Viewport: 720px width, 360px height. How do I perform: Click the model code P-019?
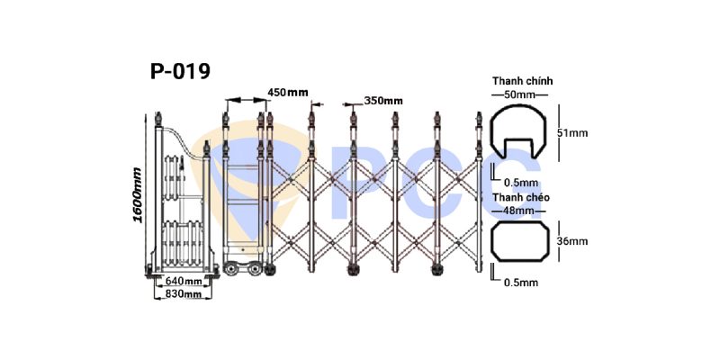(x=180, y=72)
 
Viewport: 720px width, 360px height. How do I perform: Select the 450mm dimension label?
(x=288, y=93)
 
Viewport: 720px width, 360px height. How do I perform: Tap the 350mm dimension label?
(x=383, y=101)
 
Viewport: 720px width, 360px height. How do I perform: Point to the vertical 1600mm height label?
(x=138, y=194)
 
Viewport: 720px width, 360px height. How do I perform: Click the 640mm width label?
(x=184, y=280)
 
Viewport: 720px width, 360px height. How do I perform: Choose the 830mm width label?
(x=184, y=294)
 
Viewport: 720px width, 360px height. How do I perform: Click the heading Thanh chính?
(x=523, y=81)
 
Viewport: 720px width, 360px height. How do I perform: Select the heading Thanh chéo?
(x=521, y=197)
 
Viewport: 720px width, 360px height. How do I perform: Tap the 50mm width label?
(x=520, y=95)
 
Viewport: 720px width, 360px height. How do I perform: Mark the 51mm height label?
(x=572, y=133)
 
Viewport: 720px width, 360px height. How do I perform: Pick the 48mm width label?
(x=519, y=211)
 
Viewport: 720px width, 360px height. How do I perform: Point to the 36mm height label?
(x=572, y=241)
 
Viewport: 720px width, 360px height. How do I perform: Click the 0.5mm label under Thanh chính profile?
(x=521, y=183)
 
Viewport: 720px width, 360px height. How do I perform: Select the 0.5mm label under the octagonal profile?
(x=521, y=283)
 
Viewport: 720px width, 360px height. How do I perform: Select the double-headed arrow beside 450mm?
(x=246, y=99)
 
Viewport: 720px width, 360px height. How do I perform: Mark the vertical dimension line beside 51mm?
(x=559, y=132)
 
